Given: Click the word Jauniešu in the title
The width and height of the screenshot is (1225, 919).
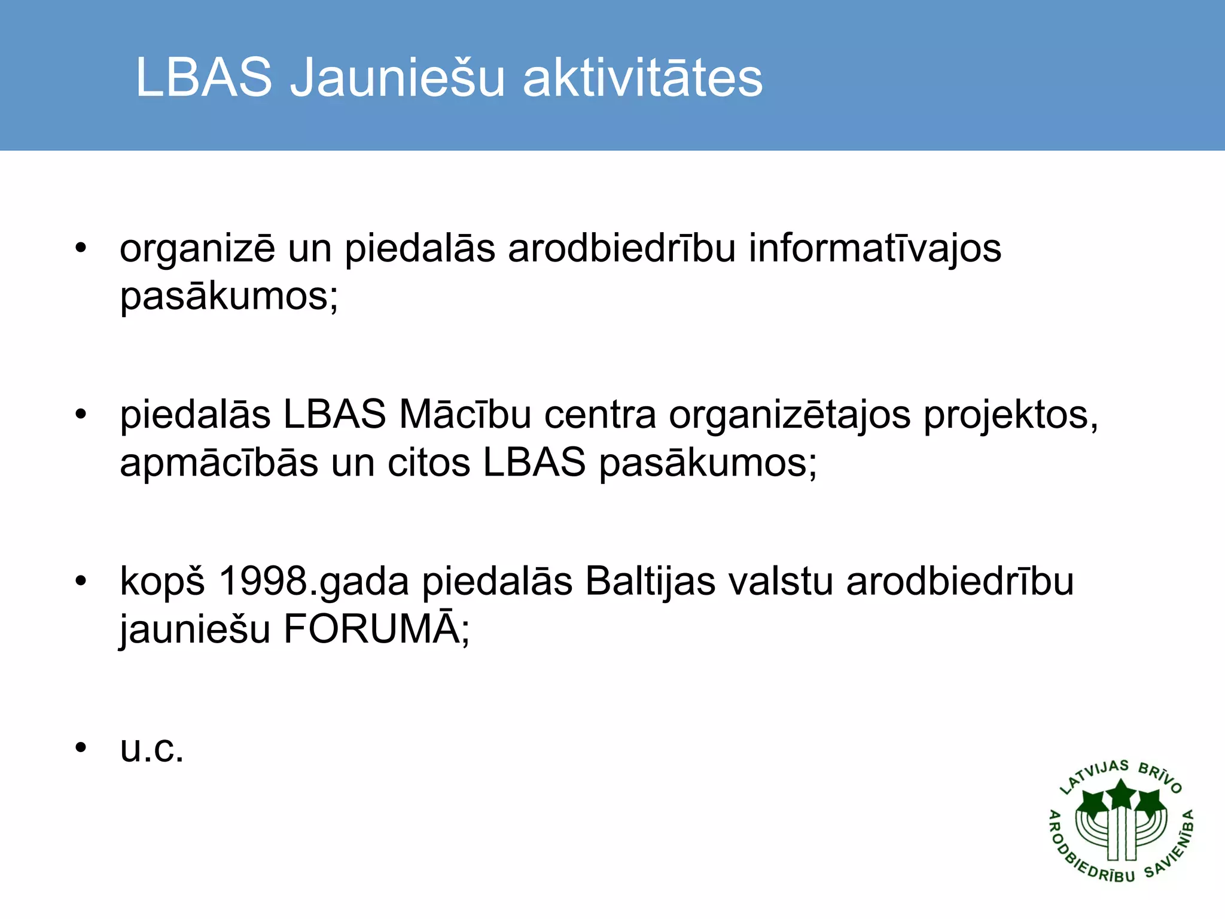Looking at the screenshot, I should click(397, 78).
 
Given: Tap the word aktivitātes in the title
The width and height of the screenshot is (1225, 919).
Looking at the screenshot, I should click(643, 78).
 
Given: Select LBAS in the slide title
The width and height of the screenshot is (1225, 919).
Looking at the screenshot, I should click(204, 78).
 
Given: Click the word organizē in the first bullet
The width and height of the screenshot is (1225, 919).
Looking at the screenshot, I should click(197, 249).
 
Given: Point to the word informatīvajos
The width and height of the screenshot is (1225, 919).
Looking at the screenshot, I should click(874, 248).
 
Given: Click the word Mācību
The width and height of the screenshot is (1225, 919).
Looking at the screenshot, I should click(465, 414).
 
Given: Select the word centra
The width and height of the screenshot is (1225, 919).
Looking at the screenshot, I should click(600, 415).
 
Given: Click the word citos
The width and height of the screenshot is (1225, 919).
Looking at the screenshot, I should click(429, 463).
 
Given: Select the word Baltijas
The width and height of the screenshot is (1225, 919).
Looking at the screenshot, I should click(650, 582).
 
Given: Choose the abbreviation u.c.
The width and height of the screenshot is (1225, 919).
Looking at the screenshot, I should click(152, 748).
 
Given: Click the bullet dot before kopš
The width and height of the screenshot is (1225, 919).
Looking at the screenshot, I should click(81, 581).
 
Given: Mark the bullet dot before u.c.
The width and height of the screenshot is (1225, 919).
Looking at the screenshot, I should click(81, 747).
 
